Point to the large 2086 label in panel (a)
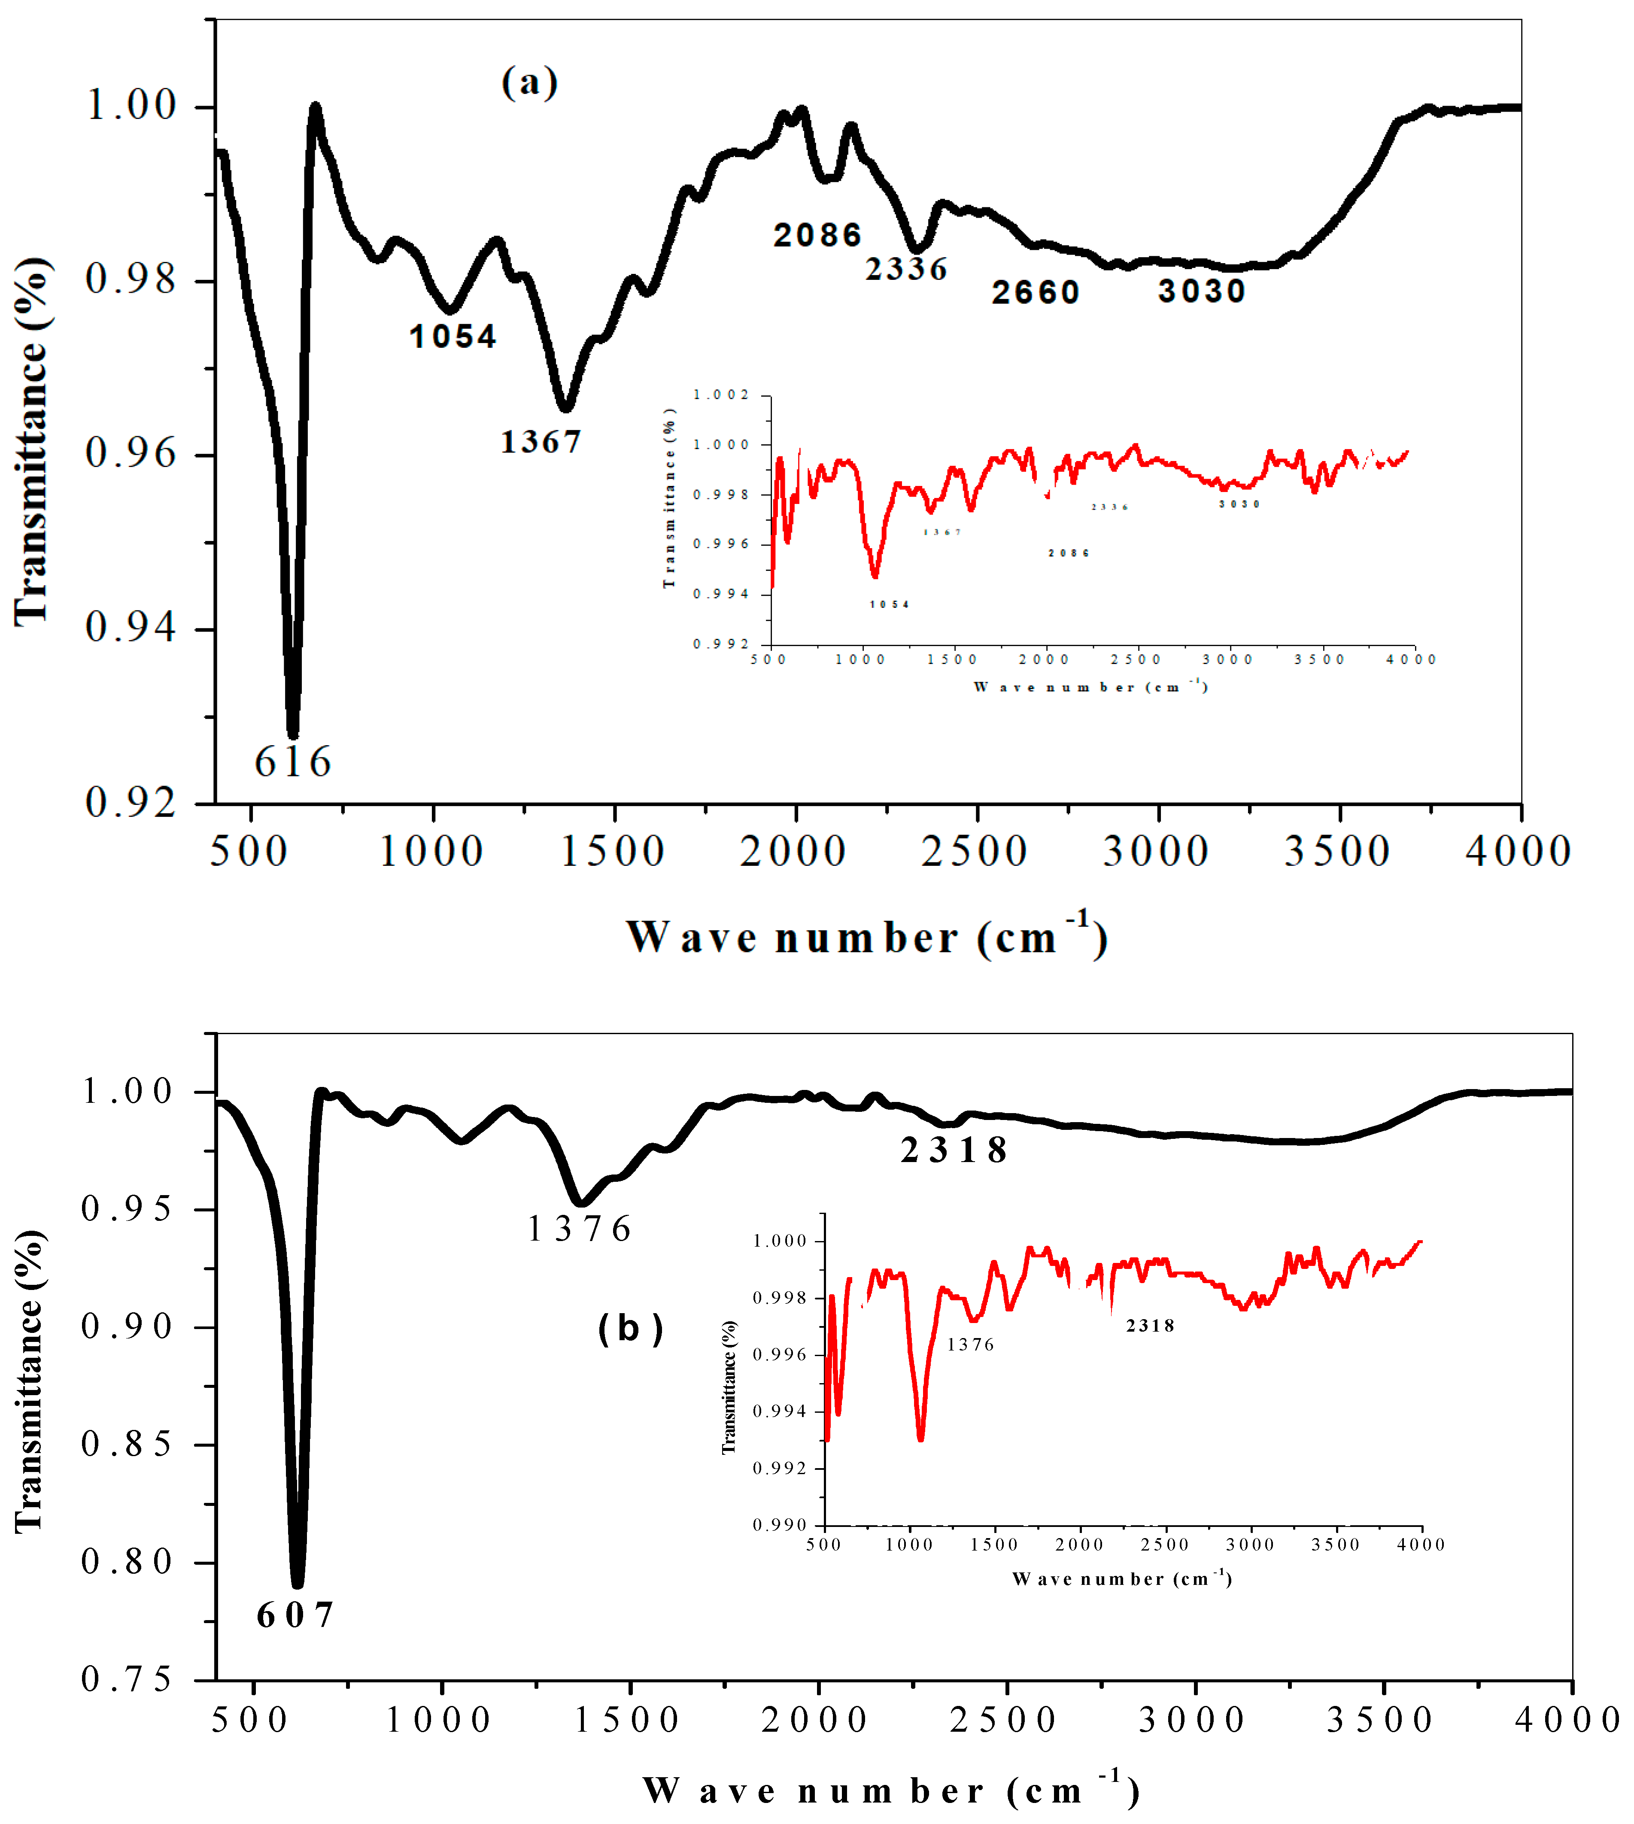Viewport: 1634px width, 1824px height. click(x=817, y=235)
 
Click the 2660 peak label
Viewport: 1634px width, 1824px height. click(x=1035, y=293)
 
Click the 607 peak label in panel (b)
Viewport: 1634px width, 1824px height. click(x=295, y=1616)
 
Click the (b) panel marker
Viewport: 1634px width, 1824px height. click(x=630, y=1329)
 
